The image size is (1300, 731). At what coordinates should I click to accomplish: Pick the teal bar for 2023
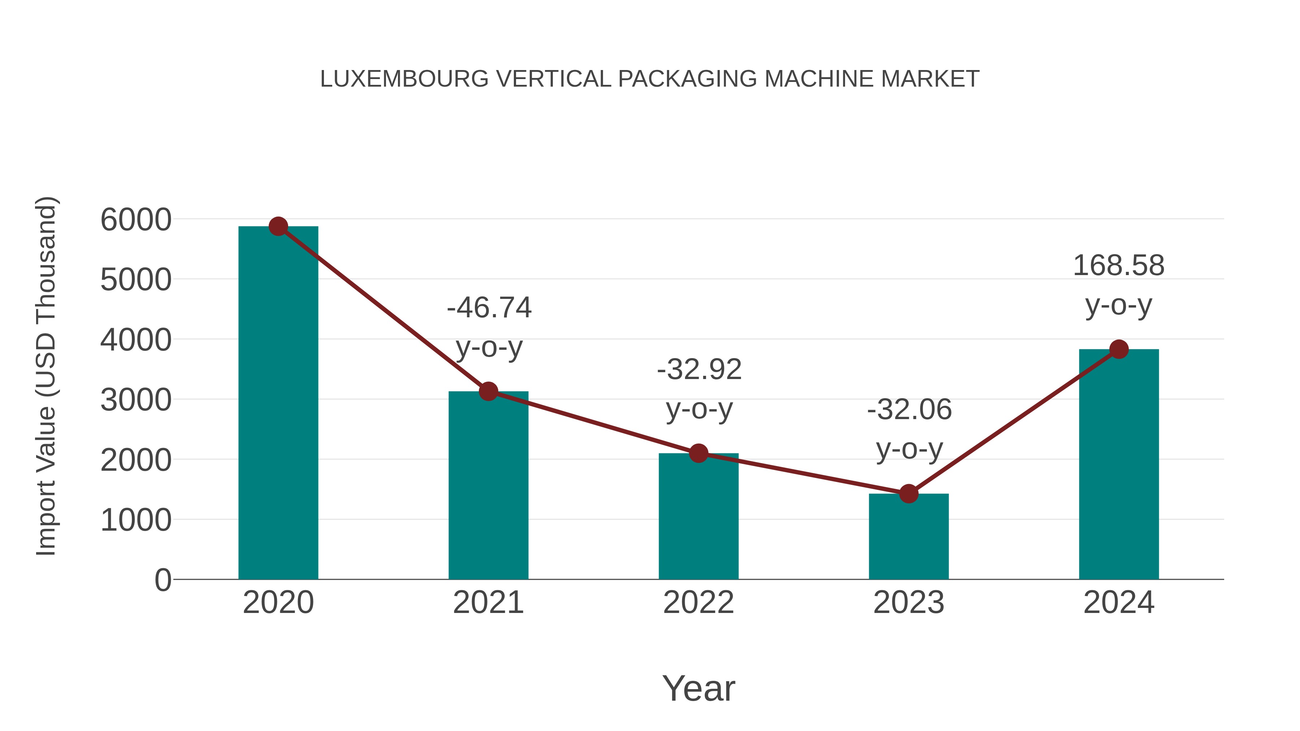point(909,537)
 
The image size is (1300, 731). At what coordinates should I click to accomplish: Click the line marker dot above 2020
point(278,226)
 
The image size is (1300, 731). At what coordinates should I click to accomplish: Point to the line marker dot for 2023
point(909,494)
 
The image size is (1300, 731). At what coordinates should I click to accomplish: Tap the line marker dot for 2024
point(1119,349)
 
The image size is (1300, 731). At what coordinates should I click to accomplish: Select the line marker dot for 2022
point(698,453)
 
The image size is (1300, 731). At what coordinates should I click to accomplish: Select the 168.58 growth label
point(1118,265)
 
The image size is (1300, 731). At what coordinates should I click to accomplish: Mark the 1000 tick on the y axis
point(136,520)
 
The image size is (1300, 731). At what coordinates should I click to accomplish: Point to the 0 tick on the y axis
point(162,580)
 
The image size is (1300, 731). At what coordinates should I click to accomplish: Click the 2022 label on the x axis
point(698,602)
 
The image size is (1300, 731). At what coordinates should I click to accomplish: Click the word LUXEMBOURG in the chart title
point(404,79)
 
